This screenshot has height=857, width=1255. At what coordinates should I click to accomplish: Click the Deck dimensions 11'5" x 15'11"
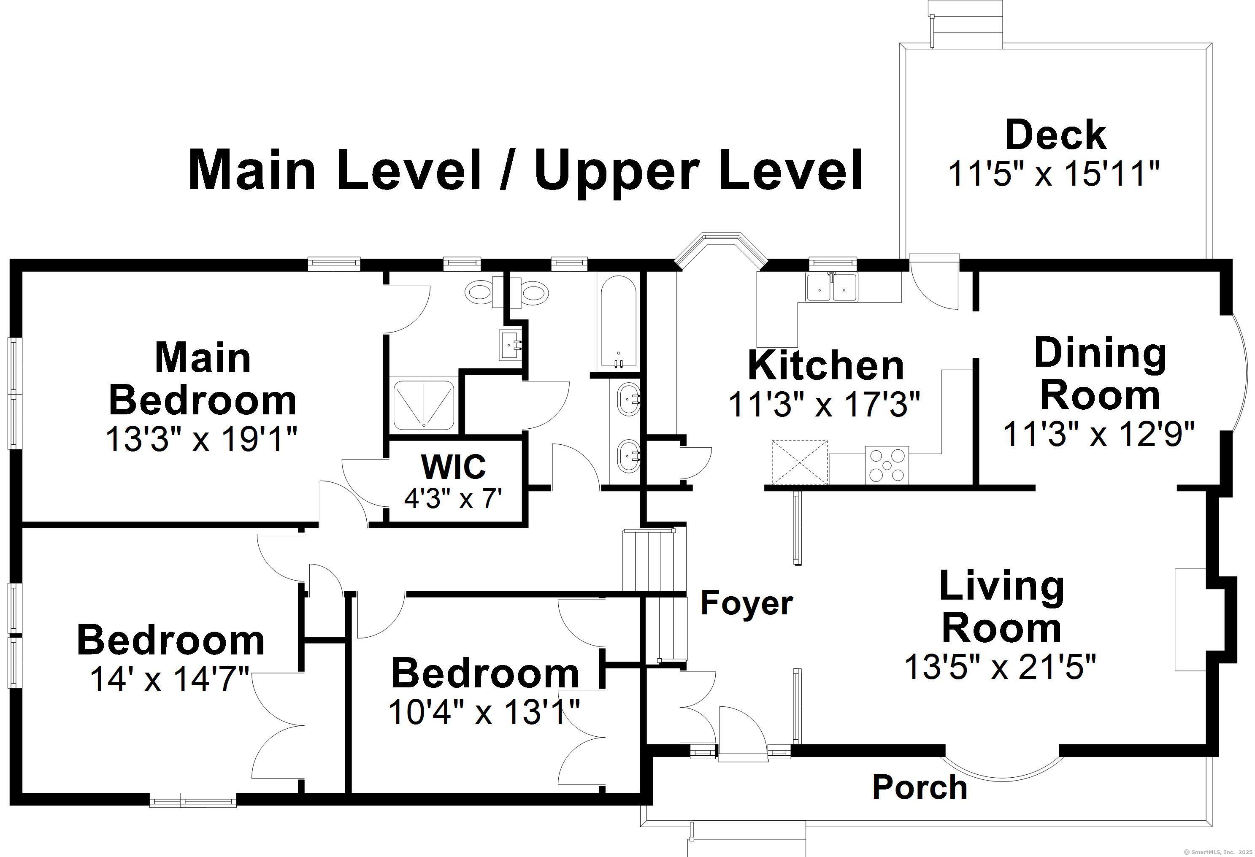click(1054, 174)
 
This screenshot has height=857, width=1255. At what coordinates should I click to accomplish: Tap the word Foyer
click(747, 604)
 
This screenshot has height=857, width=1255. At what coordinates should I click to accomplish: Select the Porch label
click(920, 787)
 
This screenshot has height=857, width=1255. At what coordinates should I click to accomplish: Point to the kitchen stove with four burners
click(887, 465)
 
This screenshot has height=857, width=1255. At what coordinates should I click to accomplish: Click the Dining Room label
click(1100, 374)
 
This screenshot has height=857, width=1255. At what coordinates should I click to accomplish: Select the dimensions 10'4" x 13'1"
click(484, 712)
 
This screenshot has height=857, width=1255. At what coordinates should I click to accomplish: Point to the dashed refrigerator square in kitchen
click(799, 462)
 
